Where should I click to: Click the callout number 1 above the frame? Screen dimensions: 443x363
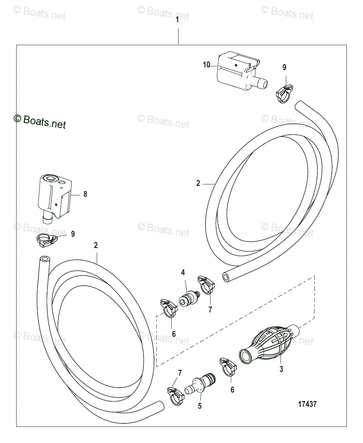(x=177, y=20)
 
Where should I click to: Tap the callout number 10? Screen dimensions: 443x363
(x=206, y=65)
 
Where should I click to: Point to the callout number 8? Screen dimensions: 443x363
(x=85, y=194)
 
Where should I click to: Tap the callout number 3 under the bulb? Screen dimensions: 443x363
(x=281, y=369)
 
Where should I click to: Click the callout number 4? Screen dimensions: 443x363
(x=183, y=272)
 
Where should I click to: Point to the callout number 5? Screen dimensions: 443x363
(x=200, y=406)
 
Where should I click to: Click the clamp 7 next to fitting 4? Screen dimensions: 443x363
(x=206, y=285)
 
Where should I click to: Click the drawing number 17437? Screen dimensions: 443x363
(x=307, y=404)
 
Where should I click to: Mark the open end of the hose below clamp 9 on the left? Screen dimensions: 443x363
(x=44, y=259)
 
